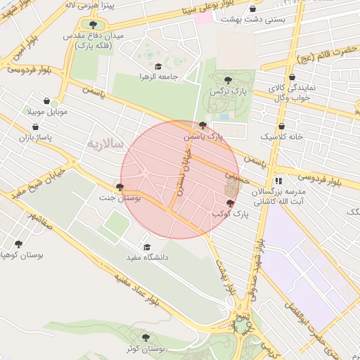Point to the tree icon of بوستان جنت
[x=120, y=188]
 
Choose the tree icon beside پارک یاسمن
[x=202, y=125]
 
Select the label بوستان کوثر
[x=146, y=349]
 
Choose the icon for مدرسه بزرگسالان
[x=278, y=181]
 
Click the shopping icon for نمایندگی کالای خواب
[x=292, y=77]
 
